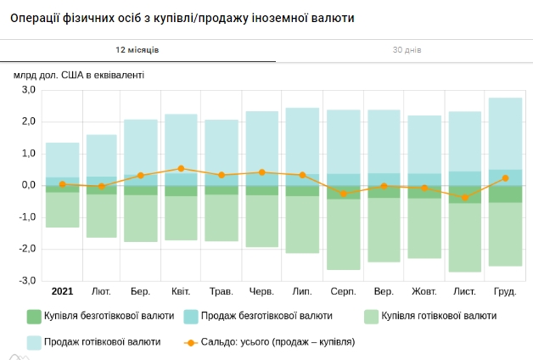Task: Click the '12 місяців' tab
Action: tap(137, 50)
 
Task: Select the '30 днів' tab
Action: tap(407, 50)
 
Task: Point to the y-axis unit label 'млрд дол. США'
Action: tap(79, 75)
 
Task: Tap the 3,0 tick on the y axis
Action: tap(28, 90)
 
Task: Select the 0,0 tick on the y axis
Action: tap(28, 185)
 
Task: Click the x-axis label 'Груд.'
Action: tap(505, 292)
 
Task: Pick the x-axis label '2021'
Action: tap(62, 292)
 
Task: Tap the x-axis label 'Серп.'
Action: tap(343, 292)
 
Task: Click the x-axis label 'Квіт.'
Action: tap(181, 292)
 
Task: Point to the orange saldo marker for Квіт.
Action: tap(181, 169)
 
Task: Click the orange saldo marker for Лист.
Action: tap(465, 197)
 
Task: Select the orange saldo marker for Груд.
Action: tap(505, 178)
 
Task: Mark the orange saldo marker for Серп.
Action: tap(344, 194)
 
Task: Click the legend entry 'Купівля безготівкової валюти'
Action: tap(101, 316)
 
